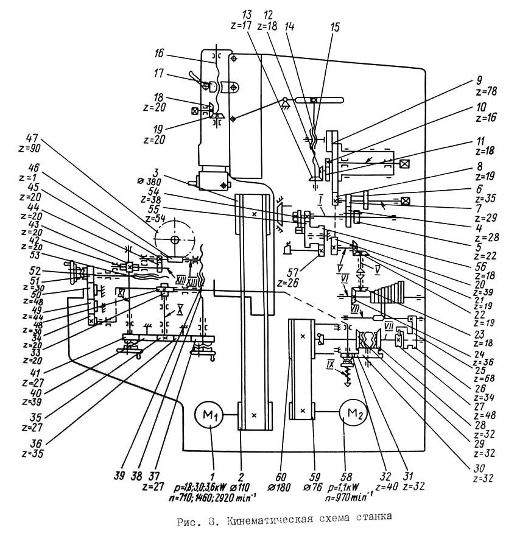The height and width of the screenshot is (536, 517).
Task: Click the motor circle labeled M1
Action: click(210, 416)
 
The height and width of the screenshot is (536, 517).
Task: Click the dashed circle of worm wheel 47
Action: click(175, 239)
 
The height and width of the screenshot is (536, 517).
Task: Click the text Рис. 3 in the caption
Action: click(194, 518)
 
